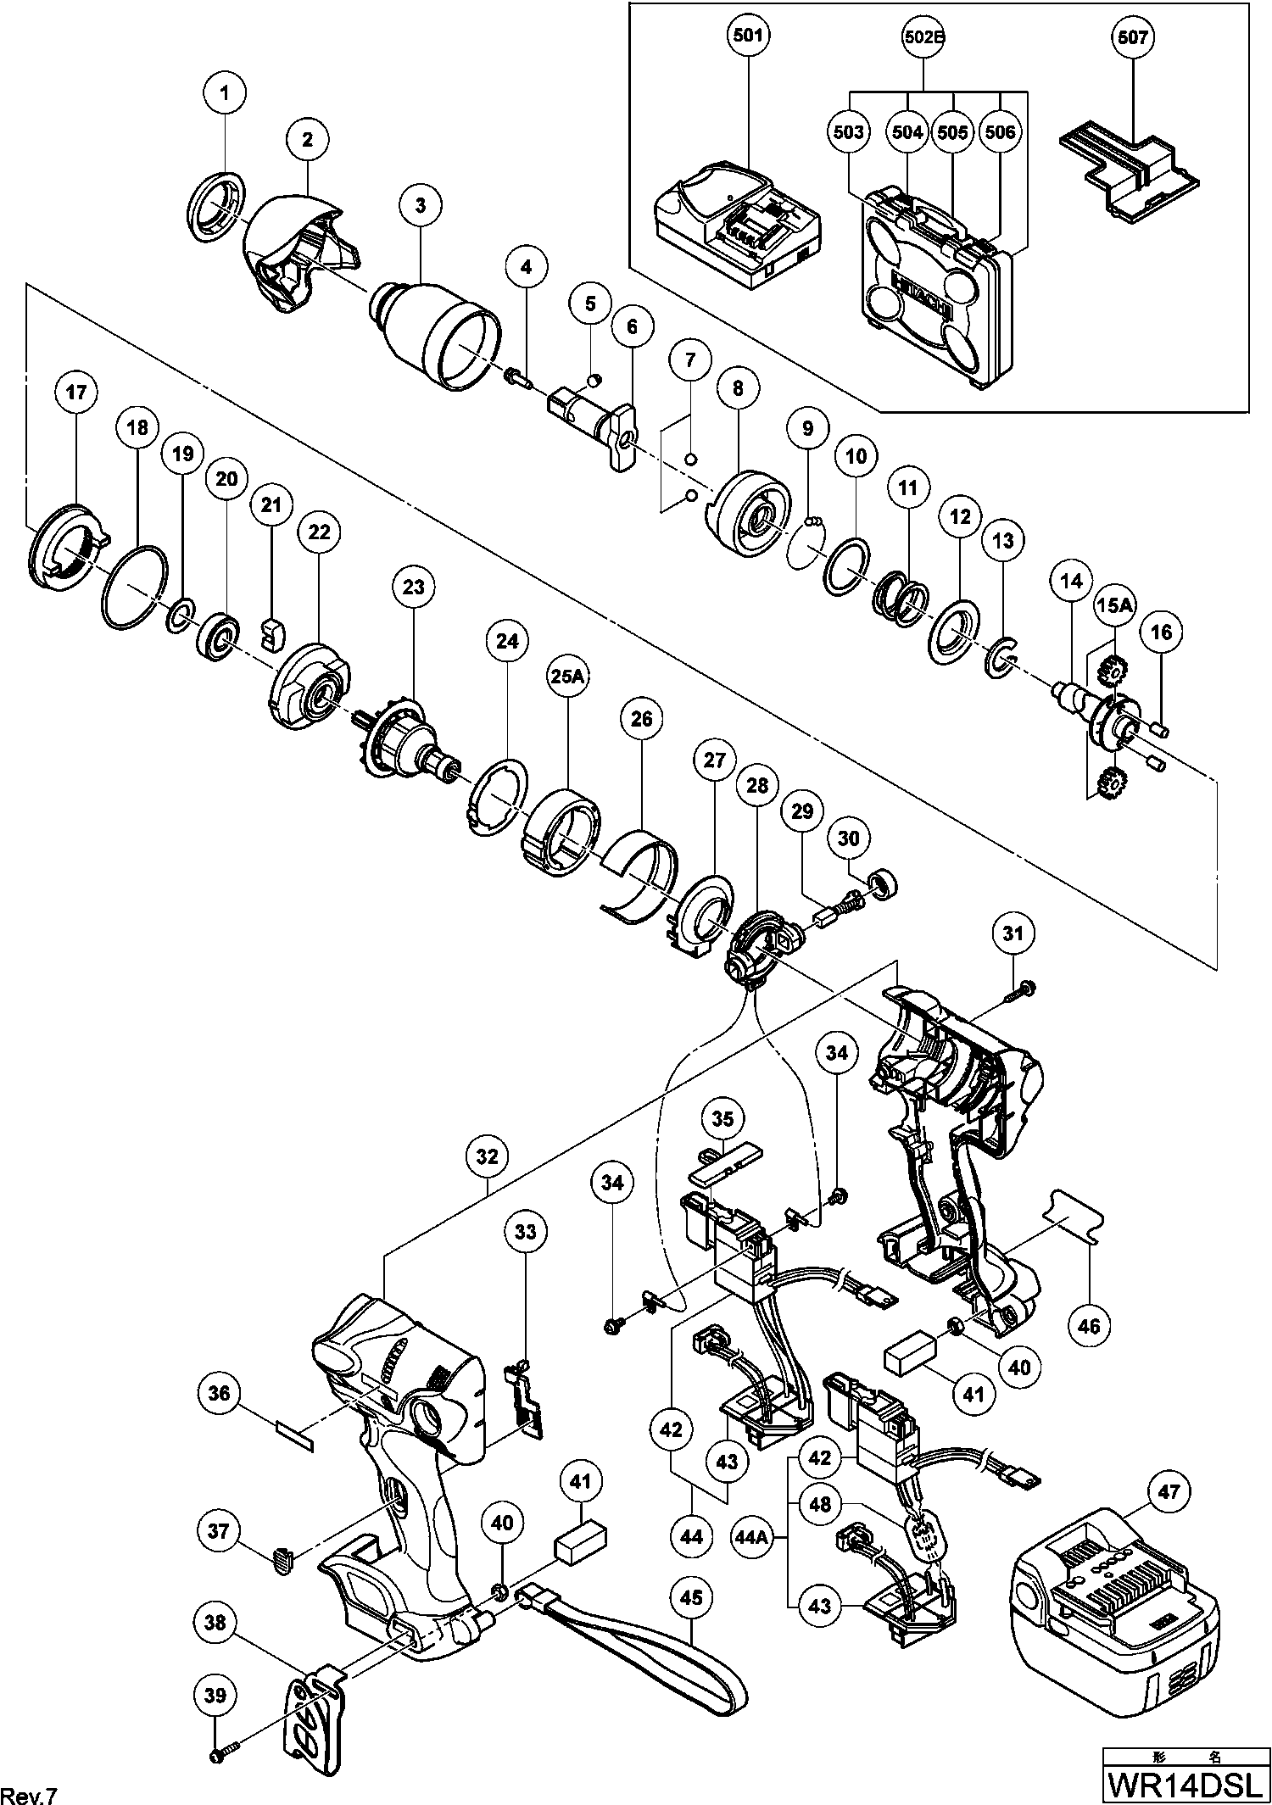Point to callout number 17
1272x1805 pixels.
[x=76, y=393]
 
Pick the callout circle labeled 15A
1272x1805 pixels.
[x=1115, y=604]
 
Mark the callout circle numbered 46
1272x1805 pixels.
[x=1089, y=1324]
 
